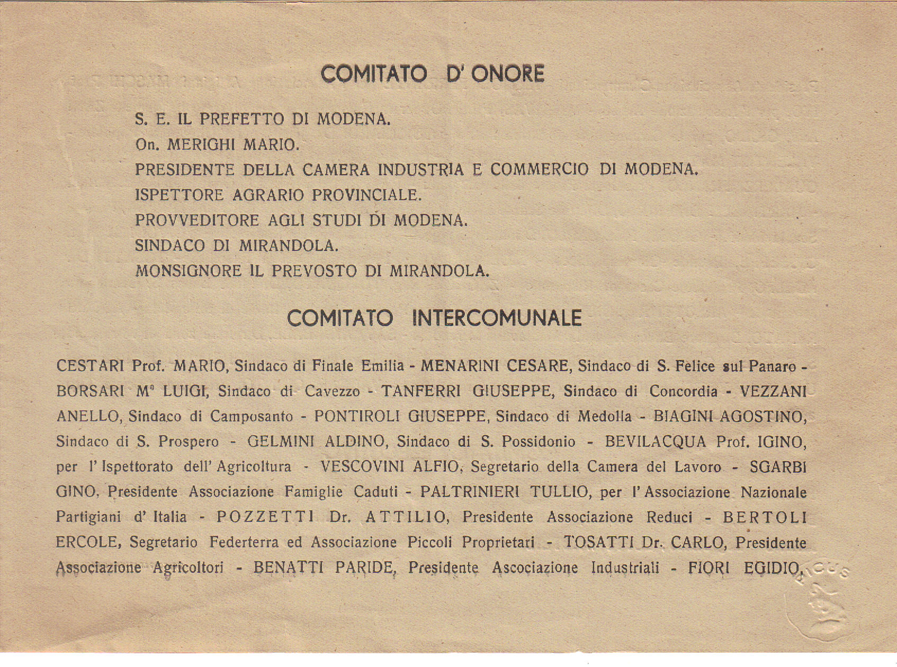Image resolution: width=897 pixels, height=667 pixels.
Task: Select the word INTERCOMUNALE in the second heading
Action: [497, 318]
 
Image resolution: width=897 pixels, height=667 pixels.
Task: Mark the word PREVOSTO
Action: [314, 271]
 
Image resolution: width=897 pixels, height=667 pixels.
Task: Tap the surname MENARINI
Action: [461, 366]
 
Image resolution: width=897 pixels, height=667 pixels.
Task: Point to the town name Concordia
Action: [683, 392]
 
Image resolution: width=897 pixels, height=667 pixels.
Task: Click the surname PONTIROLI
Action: [358, 417]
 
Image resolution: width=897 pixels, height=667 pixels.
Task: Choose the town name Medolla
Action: [604, 417]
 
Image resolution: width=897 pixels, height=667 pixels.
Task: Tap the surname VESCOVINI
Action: [363, 467]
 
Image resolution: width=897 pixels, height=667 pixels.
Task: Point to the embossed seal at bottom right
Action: [818, 606]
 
